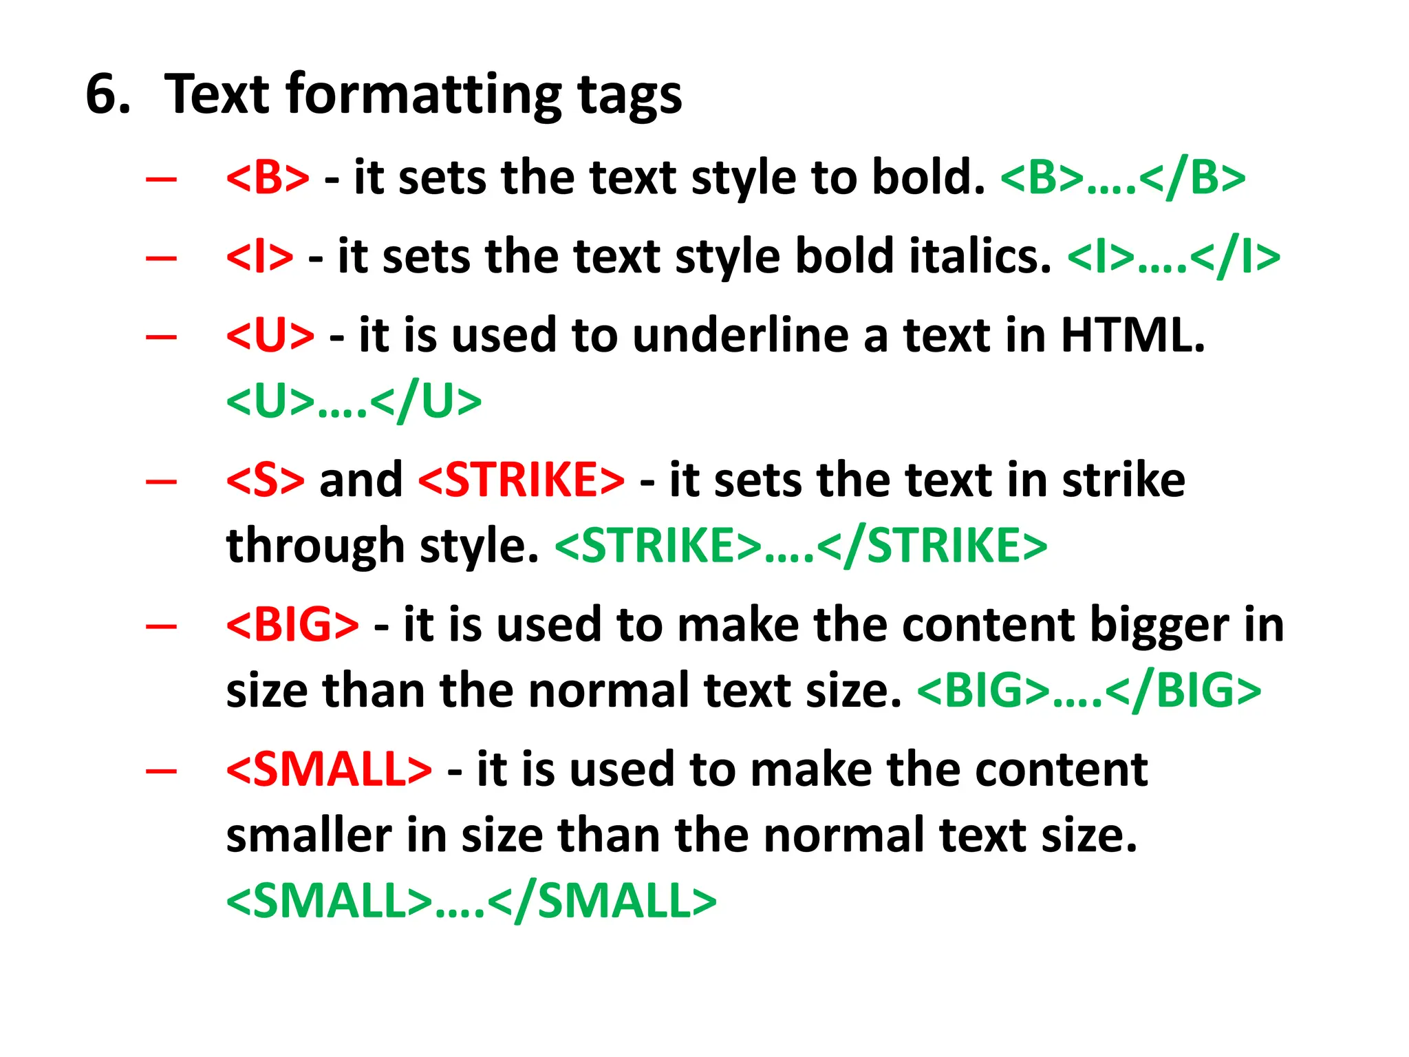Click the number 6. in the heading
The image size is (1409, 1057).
point(108,94)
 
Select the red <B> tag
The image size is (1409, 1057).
point(268,178)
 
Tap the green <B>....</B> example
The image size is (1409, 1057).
point(1122,178)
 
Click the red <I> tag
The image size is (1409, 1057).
point(259,257)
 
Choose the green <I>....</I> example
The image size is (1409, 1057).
point(1173,257)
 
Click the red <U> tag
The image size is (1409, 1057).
point(270,336)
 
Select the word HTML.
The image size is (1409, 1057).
point(1132,336)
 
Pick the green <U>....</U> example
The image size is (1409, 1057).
point(354,402)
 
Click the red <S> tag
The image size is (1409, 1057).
point(265,480)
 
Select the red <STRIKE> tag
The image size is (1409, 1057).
point(521,480)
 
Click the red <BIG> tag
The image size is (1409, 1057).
point(292,625)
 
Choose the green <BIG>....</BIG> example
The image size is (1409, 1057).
point(1089,691)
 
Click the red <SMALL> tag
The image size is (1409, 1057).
point(329,769)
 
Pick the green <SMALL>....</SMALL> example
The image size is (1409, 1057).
point(471,901)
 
